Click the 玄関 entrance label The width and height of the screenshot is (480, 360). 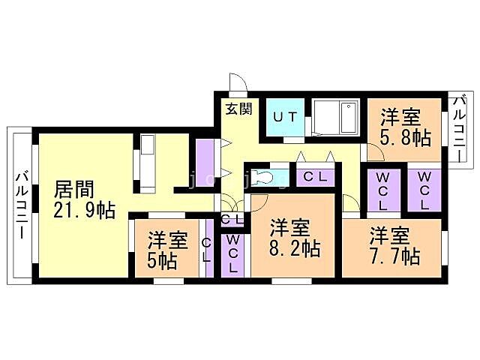pos(239,108)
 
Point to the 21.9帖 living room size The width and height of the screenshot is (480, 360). pos(84,210)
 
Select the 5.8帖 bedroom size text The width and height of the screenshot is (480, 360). pos(405,138)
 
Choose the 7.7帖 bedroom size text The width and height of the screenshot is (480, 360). pos(394,255)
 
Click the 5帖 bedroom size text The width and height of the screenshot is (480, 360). pos(162,262)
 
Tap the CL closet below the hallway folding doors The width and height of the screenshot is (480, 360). pos(315,178)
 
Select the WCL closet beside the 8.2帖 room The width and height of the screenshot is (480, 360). pos(233,253)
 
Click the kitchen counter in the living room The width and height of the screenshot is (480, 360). pos(146,161)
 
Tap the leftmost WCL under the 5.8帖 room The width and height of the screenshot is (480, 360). pos(382,190)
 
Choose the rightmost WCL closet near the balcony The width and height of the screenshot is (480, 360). pos(424,190)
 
